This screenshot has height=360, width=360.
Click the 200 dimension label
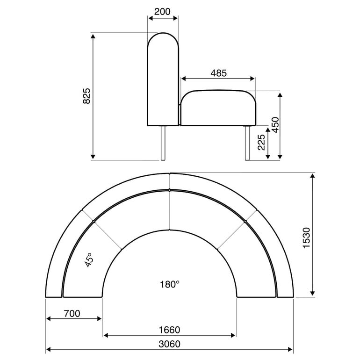pos(163,12)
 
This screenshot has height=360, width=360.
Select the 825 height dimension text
pos(87,96)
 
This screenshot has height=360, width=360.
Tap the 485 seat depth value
pos(218,73)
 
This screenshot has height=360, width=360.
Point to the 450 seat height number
pos(276,125)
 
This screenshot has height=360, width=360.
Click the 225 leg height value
pos(261,143)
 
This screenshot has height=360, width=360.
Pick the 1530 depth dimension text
pos(307,238)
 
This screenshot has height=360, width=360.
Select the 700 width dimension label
pos(72,314)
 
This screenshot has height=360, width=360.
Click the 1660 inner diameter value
pos(169,330)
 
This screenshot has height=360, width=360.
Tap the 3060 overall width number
pos(169,344)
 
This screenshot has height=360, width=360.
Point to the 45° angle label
pos(88,260)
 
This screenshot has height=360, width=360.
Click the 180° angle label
pos(169,284)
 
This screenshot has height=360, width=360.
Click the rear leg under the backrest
pos(163,143)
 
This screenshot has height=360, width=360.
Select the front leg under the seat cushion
pos(246,143)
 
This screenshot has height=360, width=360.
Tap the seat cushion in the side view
pos(218,108)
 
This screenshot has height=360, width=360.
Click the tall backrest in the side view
pos(163,79)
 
